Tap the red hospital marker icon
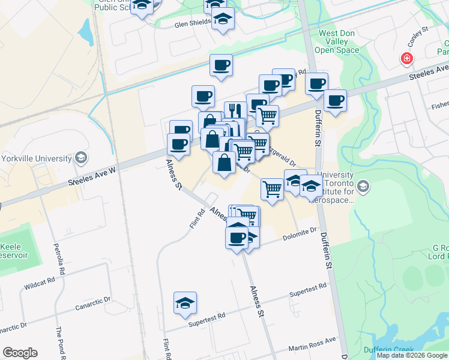click(x=407, y=58)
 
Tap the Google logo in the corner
click(x=20, y=353)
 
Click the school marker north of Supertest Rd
click(x=185, y=302)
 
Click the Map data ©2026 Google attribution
click(x=412, y=355)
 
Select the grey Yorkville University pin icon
click(x=80, y=158)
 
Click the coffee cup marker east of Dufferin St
click(x=335, y=100)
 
